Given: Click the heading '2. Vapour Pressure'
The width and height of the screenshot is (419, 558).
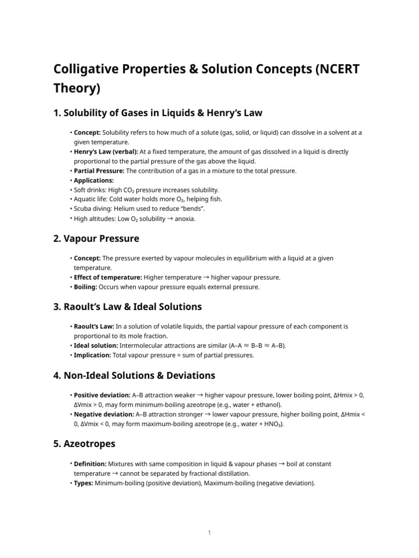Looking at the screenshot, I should click(96, 238).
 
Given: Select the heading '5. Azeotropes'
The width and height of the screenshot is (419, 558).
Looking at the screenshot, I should click(84, 444).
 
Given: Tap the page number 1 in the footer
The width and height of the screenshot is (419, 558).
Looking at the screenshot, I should click(209, 533).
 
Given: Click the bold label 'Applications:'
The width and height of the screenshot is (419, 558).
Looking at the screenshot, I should click(94, 180).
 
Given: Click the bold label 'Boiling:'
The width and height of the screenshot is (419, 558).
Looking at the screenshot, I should click(86, 287).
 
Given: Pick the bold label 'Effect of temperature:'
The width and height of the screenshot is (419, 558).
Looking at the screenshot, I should click(107, 277).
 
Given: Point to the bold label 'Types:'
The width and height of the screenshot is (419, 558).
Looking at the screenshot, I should click(83, 483).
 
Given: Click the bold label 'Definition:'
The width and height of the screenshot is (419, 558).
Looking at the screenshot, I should click(90, 464).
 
